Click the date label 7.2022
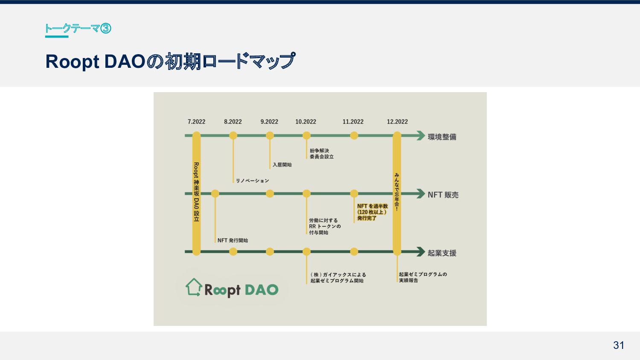[x=196, y=122]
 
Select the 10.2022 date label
[x=305, y=122]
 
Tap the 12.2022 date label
[x=397, y=122]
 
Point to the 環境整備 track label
[x=442, y=137]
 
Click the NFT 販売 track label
[x=443, y=195]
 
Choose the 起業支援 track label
[x=442, y=253]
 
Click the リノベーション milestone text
[x=253, y=181]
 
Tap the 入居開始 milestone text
[x=282, y=165]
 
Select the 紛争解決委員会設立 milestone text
[x=322, y=154]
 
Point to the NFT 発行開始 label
[x=233, y=241]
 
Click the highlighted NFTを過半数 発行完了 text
[x=372, y=212]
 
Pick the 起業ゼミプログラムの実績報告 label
[x=422, y=277]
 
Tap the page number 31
[x=619, y=345]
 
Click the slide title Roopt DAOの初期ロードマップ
[x=170, y=61]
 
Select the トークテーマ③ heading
[x=78, y=29]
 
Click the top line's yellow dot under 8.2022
[x=233, y=136]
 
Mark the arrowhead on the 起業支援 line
[x=420, y=252]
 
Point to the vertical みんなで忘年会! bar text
[x=397, y=192]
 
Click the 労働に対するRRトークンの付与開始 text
[x=325, y=226]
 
